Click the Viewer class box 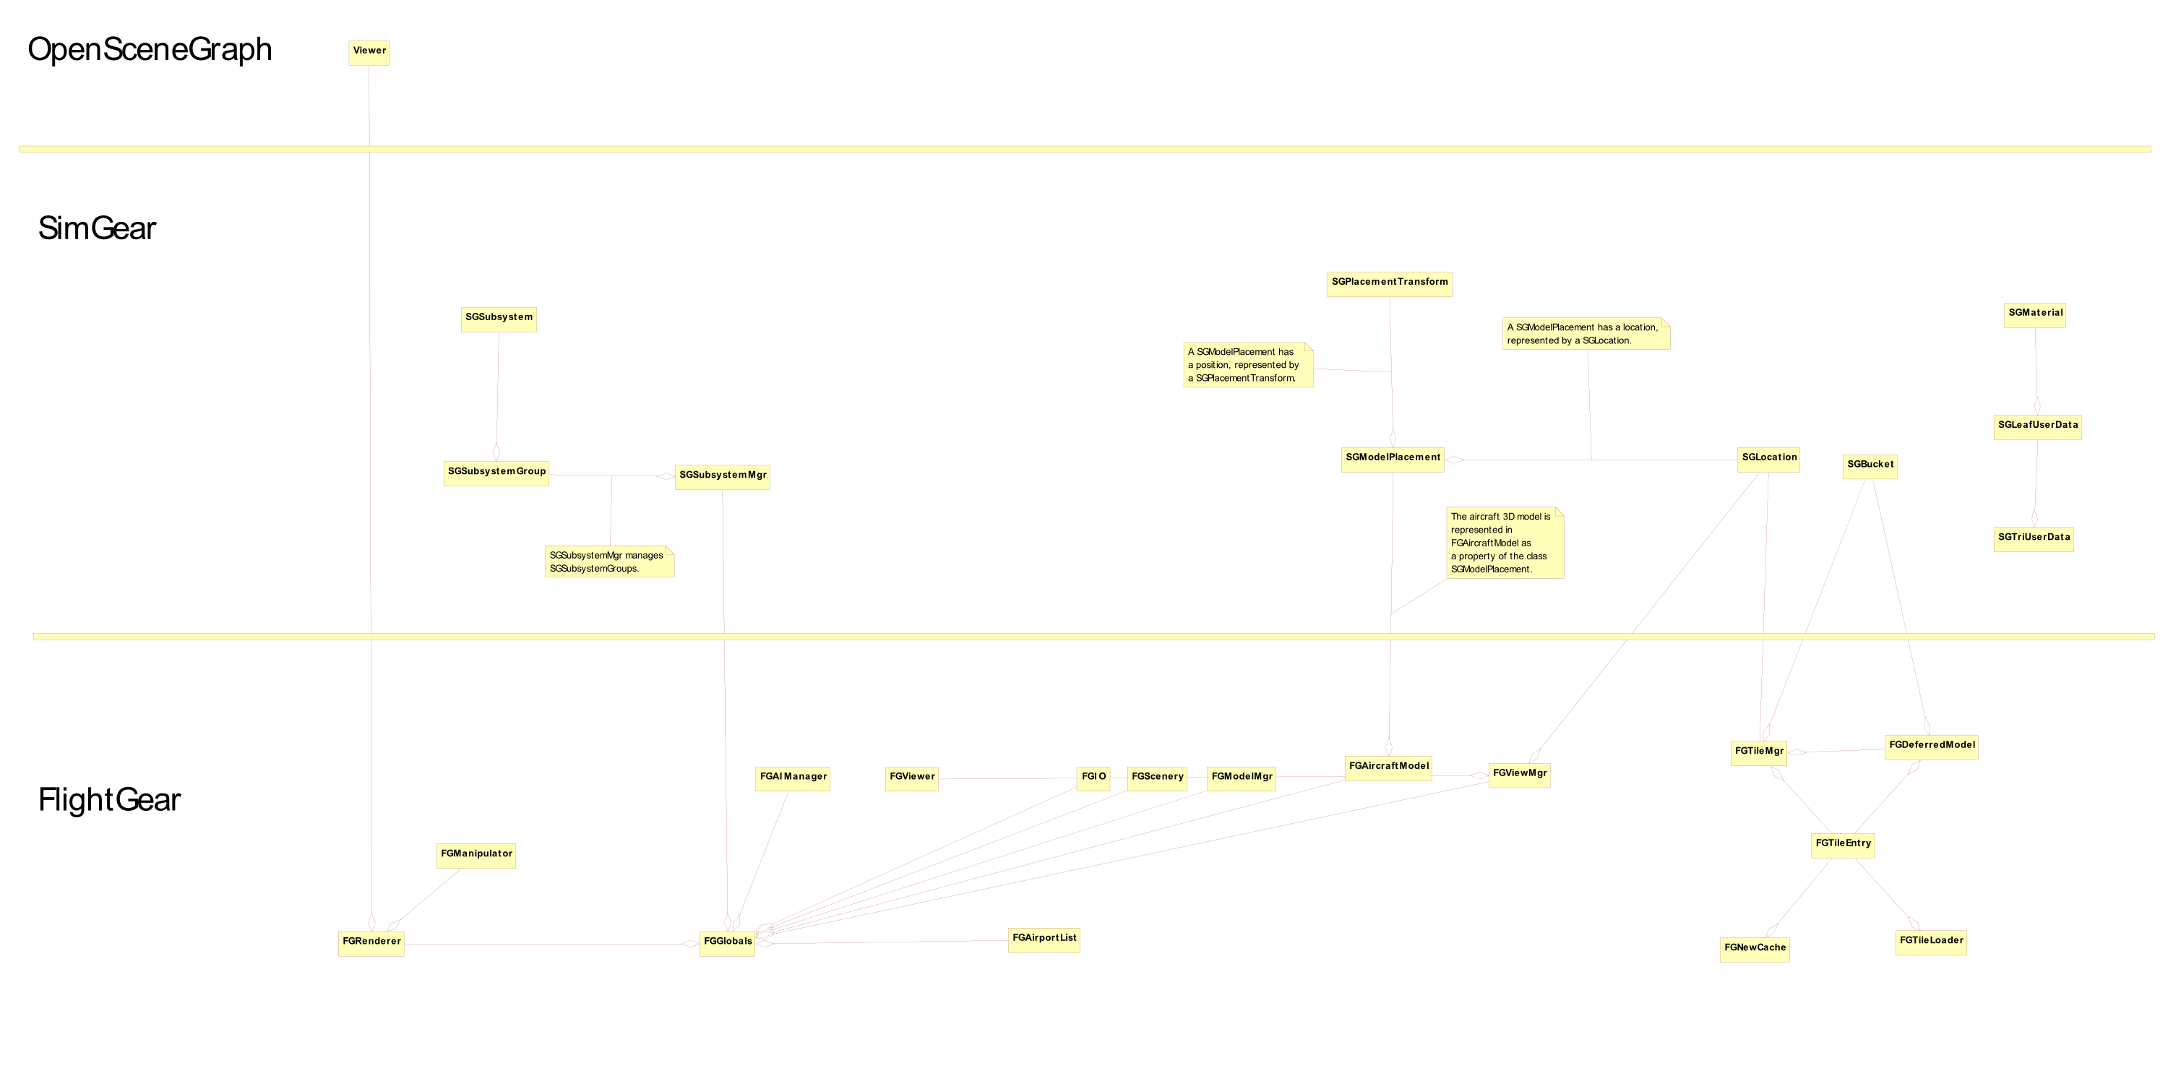click(x=369, y=53)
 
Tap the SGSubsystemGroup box click(x=496, y=474)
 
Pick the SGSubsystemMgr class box click(x=722, y=477)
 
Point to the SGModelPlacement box click(x=1393, y=460)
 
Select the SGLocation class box click(x=1769, y=460)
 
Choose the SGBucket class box click(x=1870, y=467)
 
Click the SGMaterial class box click(x=2035, y=316)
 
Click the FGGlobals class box click(x=727, y=945)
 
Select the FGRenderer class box click(x=371, y=945)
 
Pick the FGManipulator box click(x=476, y=856)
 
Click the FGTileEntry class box click(x=1843, y=846)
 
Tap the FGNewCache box click(x=1755, y=950)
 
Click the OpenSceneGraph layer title click(x=150, y=50)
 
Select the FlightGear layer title click(x=109, y=799)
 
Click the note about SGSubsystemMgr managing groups click(x=609, y=562)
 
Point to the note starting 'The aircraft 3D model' click(x=1505, y=543)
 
